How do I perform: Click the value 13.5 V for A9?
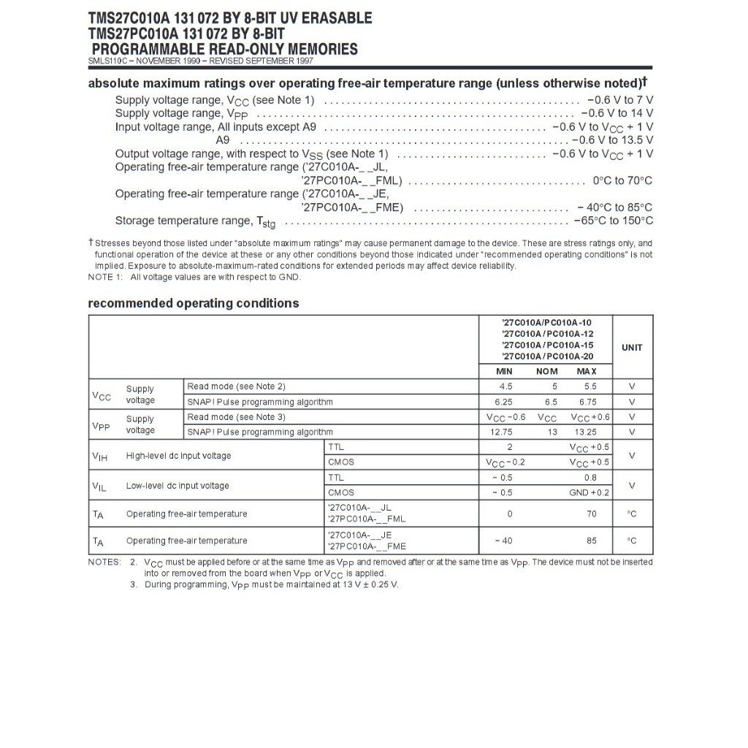633,140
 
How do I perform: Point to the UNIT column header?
632,348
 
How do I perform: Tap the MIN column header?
504,372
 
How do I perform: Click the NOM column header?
547,372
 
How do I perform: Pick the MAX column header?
587,372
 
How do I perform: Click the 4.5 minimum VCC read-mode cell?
505,386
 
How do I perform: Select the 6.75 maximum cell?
588,402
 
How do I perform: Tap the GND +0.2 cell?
589,493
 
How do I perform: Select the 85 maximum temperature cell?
591,541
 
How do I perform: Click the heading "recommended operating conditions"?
194,303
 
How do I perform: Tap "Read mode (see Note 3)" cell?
236,417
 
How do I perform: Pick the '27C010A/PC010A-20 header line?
547,356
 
